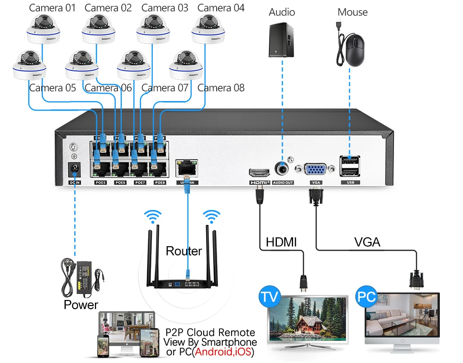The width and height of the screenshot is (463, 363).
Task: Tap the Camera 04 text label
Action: tap(221, 8)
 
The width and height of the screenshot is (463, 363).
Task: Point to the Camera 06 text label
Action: tap(108, 88)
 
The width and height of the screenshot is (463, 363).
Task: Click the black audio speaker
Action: tap(281, 39)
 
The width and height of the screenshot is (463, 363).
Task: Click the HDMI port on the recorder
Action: tap(259, 173)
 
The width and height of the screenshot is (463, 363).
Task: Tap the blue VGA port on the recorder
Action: tap(315, 170)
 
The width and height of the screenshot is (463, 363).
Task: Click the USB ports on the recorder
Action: tap(350, 167)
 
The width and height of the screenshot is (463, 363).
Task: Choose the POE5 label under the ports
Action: tap(100, 183)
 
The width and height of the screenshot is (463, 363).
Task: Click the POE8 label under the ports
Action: tap(160, 183)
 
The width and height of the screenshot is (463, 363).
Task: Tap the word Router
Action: tap(184, 251)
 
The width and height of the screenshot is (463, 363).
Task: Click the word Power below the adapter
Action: tap(81, 305)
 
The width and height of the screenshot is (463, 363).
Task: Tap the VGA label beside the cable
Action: tap(367, 242)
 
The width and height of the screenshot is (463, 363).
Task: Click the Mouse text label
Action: tap(352, 12)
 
